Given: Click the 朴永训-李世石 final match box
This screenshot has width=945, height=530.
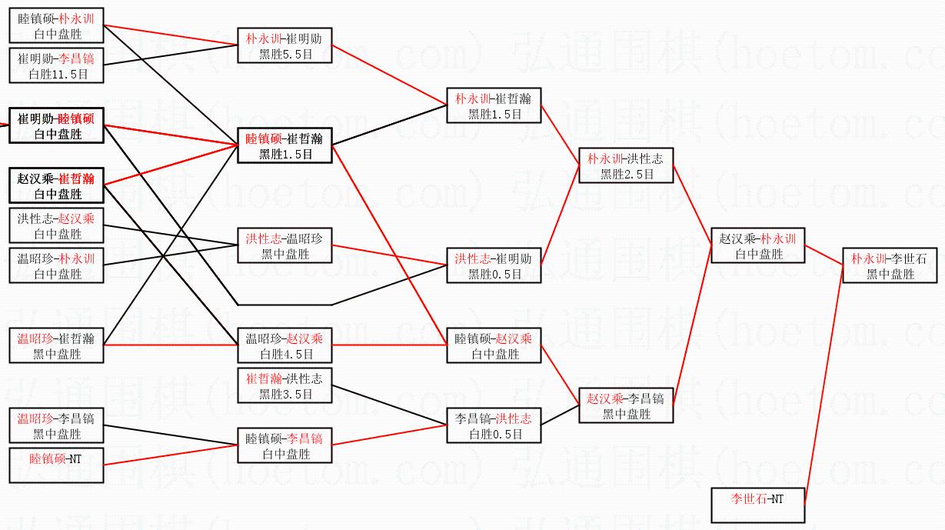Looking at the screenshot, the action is coord(890,265).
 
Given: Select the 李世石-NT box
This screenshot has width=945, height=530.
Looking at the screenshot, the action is coord(757,505).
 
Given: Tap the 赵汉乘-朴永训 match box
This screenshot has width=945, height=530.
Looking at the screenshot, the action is coord(757,245).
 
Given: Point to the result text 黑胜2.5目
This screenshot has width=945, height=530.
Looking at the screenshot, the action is coord(627,175).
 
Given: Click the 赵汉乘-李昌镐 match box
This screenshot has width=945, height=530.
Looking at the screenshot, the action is coord(626,405).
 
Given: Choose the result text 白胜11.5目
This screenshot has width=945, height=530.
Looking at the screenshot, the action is coord(57,74).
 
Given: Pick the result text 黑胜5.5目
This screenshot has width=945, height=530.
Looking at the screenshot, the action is coord(285,53).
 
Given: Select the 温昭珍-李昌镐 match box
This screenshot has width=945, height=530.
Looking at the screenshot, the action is coord(56,425).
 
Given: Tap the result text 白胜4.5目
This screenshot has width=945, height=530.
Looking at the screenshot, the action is coord(285,354).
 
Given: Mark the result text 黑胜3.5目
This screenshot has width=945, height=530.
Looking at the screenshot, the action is coord(285,394).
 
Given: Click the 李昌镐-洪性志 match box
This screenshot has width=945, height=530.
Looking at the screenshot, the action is coord(494,425).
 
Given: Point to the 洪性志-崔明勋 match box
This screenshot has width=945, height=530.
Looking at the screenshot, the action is coord(494,265).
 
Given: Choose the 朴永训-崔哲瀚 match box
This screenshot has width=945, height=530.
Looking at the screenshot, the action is coord(494,105).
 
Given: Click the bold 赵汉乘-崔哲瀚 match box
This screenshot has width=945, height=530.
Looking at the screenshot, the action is coord(56,185).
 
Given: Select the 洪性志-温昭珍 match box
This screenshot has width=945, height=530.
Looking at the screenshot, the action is coord(285,245).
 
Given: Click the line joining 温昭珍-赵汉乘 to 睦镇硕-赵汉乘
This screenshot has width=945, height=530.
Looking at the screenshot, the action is coord(389,345).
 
